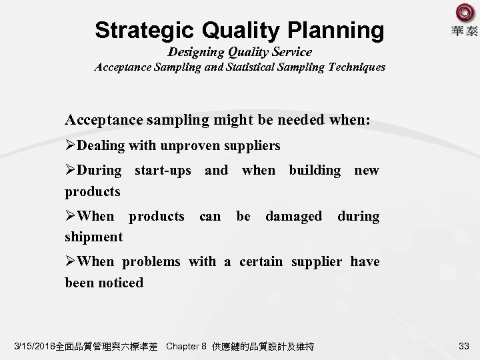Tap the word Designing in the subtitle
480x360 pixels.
point(203,51)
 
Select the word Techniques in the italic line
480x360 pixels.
point(353,67)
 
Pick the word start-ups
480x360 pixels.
point(163,170)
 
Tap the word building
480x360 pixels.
point(315,170)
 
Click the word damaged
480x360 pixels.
point(293,216)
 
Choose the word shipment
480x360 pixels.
point(93,237)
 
